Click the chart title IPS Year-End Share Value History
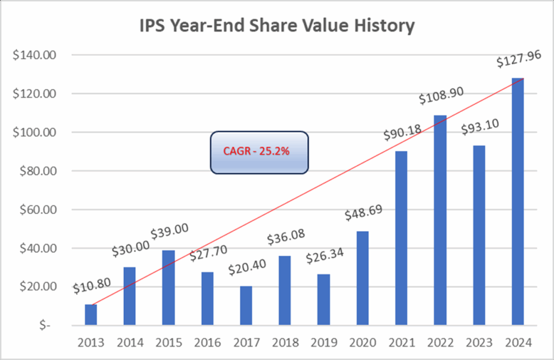[277, 25]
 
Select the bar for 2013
[91, 315]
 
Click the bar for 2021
[401, 238]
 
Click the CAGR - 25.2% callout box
[259, 152]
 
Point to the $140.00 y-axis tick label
[32, 55]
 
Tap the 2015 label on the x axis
[168, 343]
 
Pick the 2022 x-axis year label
[440, 343]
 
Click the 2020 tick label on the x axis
[362, 343]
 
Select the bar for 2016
[207, 299]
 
